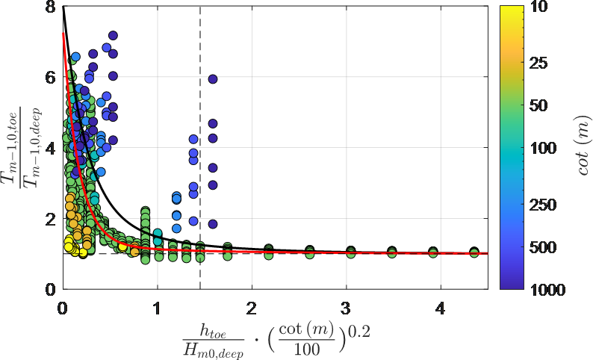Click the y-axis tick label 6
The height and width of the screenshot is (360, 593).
[51, 77]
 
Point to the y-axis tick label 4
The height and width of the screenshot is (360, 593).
[51, 148]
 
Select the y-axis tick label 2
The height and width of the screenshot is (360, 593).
[51, 219]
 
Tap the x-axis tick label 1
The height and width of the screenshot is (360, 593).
[158, 306]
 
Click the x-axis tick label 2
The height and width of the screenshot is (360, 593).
[252, 306]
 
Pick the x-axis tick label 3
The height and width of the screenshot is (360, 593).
[347, 306]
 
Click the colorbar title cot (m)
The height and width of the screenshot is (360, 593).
[580, 148]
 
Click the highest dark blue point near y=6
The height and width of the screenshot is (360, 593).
[213, 78]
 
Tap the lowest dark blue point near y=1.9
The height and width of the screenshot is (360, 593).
[213, 223]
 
